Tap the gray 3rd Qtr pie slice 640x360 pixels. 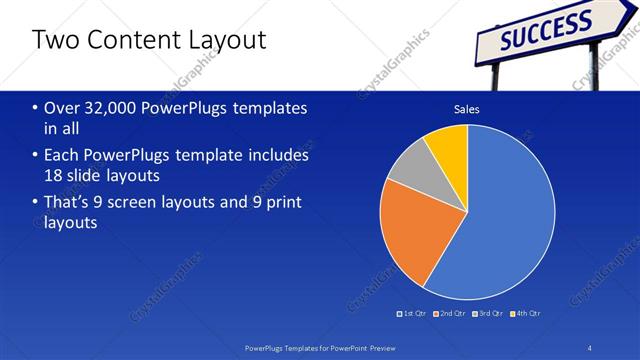click(x=407, y=173)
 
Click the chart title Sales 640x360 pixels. click(x=467, y=109)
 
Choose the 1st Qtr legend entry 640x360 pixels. click(x=413, y=314)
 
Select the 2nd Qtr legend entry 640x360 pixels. click(x=449, y=314)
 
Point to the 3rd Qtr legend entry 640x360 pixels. click(x=487, y=314)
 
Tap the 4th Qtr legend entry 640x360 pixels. click(x=524, y=314)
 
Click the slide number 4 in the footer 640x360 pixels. click(x=589, y=346)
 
